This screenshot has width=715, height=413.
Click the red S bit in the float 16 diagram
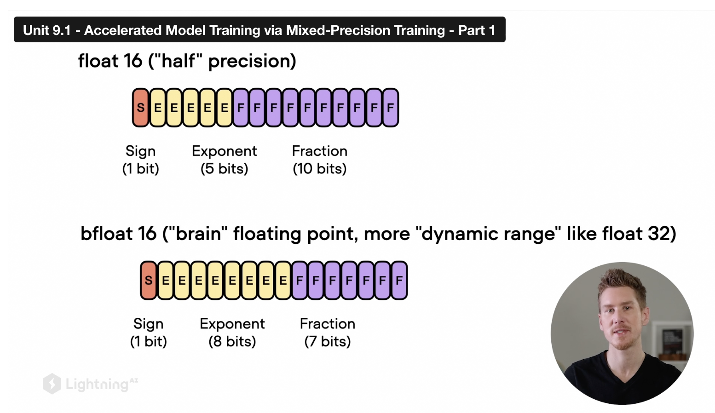coord(141,108)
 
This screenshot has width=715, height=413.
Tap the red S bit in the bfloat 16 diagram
coord(149,280)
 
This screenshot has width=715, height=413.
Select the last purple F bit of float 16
coord(390,108)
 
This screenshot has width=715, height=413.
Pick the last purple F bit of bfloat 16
coord(399,280)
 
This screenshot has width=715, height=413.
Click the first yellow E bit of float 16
coord(158,108)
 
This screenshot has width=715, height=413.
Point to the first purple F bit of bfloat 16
coord(300,280)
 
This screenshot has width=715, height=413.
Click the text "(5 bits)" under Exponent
coord(224,169)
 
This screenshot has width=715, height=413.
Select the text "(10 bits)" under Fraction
coord(320,169)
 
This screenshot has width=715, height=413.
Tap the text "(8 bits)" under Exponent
coord(232,341)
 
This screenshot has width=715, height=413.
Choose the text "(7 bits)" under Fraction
coord(328,341)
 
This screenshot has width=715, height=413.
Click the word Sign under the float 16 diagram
coord(140,151)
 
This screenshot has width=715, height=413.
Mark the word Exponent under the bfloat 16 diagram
coord(232,324)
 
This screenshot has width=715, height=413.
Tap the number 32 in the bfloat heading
coord(661,234)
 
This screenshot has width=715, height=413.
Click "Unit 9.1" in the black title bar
coord(47,30)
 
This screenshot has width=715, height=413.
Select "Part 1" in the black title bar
coord(476,30)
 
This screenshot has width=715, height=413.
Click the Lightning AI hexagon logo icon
coord(52,384)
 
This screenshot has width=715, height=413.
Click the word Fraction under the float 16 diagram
coord(320,151)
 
